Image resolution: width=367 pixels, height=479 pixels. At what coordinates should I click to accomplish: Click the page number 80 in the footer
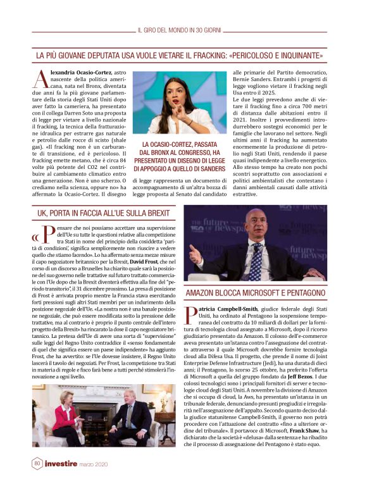[38, 463]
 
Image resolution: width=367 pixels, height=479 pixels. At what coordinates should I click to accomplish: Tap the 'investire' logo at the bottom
[61, 464]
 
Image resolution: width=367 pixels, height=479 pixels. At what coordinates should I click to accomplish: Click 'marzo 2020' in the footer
[93, 464]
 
